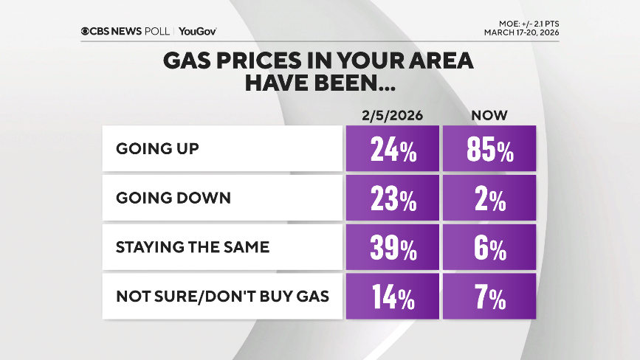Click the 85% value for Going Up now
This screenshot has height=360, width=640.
click(489, 149)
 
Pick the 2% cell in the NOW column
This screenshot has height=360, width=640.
click(489, 198)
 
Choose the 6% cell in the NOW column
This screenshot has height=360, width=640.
click(489, 248)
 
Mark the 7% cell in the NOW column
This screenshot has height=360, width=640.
click(489, 297)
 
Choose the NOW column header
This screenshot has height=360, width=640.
click(489, 115)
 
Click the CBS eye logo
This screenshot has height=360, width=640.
click(86, 31)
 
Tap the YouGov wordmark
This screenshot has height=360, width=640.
click(197, 31)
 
